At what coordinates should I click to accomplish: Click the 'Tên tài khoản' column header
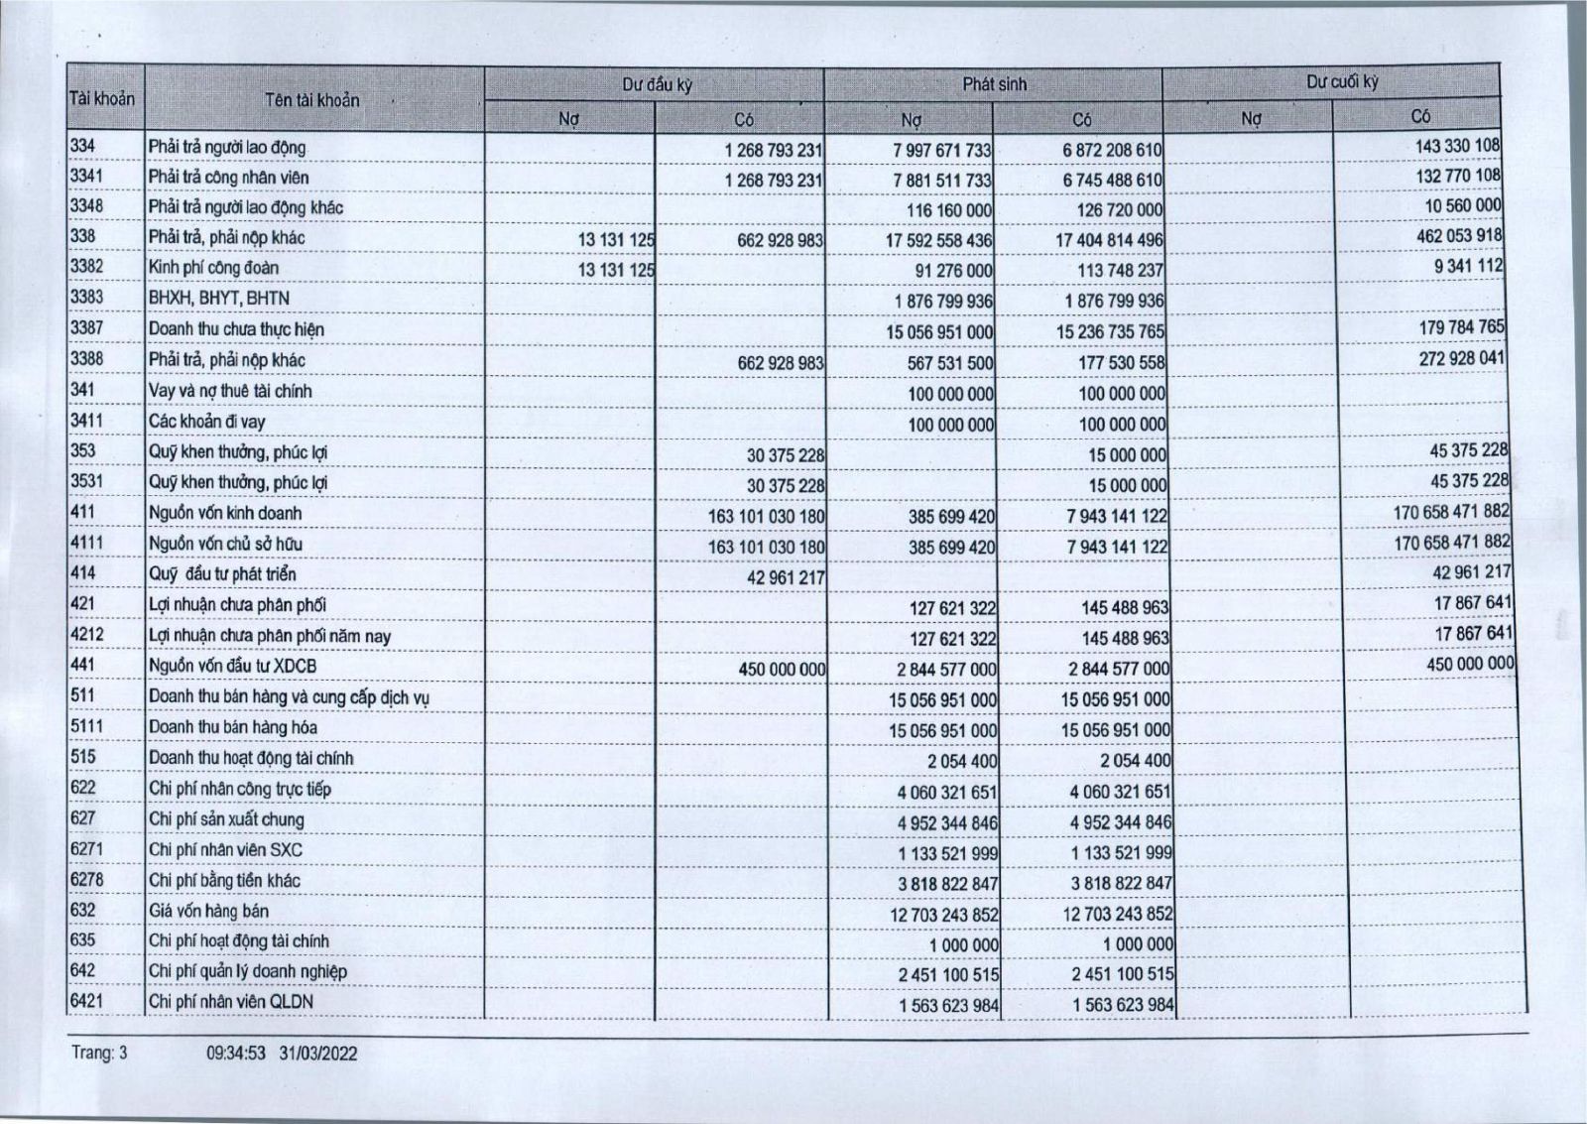[x=311, y=100]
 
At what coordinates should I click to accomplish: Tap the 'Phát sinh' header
[x=994, y=85]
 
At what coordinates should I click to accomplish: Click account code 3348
[x=86, y=206]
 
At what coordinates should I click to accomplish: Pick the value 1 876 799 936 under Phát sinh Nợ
[x=938, y=301]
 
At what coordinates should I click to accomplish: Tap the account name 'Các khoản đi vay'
[x=206, y=421]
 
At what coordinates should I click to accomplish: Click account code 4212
[x=87, y=634]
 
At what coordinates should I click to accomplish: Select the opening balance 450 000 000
[x=782, y=669]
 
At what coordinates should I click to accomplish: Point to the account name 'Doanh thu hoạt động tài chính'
[x=251, y=758]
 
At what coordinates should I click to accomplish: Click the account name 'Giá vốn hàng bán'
[x=208, y=911]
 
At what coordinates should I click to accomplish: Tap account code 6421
[x=87, y=1001]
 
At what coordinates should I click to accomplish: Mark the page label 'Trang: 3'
[x=99, y=1054]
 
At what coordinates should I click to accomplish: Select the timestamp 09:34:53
[x=236, y=1054]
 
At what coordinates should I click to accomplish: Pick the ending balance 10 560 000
[x=1463, y=205]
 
